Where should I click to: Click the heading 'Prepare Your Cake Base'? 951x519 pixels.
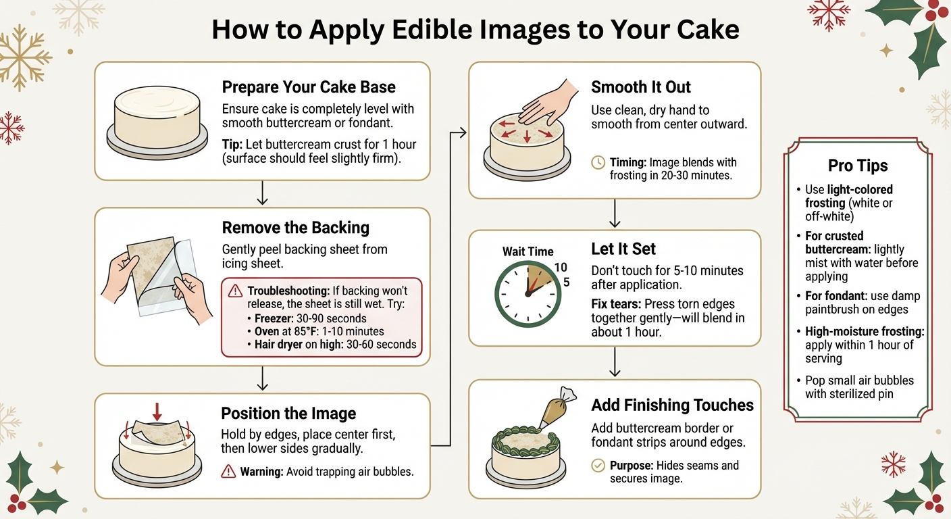(x=309, y=87)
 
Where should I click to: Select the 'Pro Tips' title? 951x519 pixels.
(x=858, y=166)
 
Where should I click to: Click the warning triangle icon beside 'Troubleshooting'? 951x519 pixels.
(x=235, y=291)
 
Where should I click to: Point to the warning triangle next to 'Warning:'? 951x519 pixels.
(x=228, y=471)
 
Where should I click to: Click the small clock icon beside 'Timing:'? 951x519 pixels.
(x=598, y=163)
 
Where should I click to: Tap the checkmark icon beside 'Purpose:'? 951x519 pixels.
(x=598, y=466)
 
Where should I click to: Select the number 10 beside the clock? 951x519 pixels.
(x=561, y=268)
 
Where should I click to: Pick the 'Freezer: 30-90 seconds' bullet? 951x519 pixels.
(x=310, y=318)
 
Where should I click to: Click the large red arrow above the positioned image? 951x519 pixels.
(x=157, y=410)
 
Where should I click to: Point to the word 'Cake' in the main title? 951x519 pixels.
(x=702, y=30)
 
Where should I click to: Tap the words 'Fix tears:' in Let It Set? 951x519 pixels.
(x=617, y=303)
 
